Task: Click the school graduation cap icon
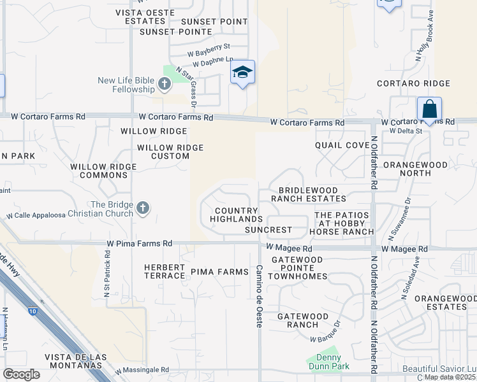242,72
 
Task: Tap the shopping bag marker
429,108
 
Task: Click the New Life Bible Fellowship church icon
165,83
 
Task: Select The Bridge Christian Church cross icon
142,208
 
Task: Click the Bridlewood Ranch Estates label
308,194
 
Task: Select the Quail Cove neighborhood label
342,145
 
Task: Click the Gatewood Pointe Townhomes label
299,268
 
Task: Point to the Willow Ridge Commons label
104,171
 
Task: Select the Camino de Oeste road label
260,297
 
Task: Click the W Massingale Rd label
142,370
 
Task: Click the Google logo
22,374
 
